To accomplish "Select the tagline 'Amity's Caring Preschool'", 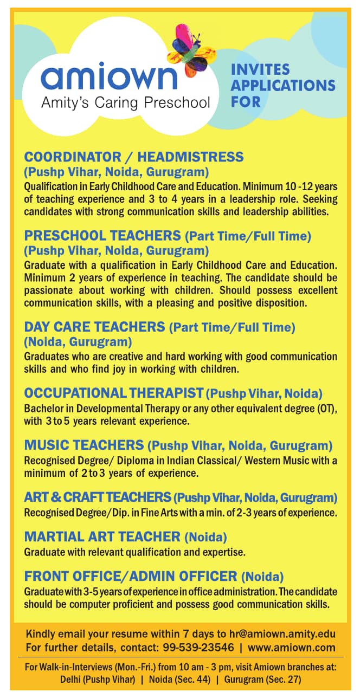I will tap(126, 102).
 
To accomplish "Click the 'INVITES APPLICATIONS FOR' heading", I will tap(283, 85).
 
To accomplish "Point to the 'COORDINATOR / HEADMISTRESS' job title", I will tap(134, 157).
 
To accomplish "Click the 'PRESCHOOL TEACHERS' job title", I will tap(102, 235).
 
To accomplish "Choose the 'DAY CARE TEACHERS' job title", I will tap(94, 327).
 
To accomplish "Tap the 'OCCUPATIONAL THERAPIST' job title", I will tap(114, 393).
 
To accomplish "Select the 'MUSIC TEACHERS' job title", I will tap(83, 445).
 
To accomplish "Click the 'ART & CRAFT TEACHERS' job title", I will tap(98, 497).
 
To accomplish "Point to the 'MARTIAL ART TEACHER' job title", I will tap(102, 536).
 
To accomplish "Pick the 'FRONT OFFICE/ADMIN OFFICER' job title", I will tap(131, 576).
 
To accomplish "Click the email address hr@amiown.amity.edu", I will tap(281, 634).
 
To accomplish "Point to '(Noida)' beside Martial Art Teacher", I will tap(205, 537).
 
